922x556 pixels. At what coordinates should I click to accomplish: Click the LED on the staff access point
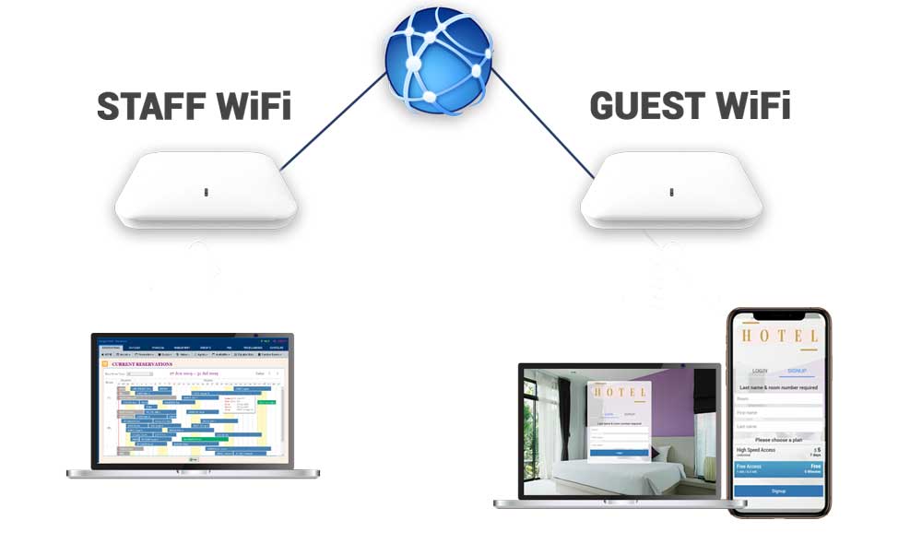tap(206, 193)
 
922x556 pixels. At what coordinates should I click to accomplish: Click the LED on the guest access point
tap(671, 193)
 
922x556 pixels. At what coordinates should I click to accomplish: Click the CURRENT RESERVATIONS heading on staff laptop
tap(142, 365)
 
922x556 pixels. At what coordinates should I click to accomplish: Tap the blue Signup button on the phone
tap(779, 491)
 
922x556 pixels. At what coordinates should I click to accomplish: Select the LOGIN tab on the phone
tap(760, 371)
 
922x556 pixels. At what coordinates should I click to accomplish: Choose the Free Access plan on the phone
tap(779, 469)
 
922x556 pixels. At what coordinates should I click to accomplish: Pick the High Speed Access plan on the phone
tap(779, 452)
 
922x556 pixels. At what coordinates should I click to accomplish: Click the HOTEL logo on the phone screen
tap(779, 337)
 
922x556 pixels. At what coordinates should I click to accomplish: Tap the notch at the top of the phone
tap(779, 313)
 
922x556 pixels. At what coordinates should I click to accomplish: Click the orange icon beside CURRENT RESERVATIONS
tap(104, 365)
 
